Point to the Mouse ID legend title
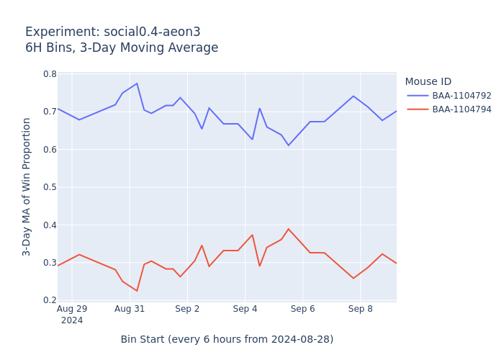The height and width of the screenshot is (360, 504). [428, 82]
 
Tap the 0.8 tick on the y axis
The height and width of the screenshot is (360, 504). [50, 74]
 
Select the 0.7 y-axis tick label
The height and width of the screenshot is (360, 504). [50, 112]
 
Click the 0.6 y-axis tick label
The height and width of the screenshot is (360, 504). [50, 150]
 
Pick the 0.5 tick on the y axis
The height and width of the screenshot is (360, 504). [50, 187]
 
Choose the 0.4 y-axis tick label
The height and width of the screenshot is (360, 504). [50, 225]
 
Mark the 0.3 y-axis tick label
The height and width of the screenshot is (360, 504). [50, 263]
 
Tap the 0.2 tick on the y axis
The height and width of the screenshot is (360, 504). [50, 300]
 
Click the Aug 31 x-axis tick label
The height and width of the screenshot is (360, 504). [130, 309]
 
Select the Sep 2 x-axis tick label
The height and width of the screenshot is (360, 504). [187, 309]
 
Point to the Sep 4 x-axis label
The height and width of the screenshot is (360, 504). [245, 309]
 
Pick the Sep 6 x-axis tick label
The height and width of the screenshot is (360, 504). [302, 309]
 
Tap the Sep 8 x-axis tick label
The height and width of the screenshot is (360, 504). [360, 309]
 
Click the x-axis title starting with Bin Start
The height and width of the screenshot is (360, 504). [227, 339]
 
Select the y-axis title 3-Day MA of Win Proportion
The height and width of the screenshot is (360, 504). [27, 186]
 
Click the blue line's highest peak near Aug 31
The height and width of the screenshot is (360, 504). [137, 84]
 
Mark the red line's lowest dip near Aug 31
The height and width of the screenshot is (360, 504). [137, 291]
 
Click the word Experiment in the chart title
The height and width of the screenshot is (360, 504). [57, 32]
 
